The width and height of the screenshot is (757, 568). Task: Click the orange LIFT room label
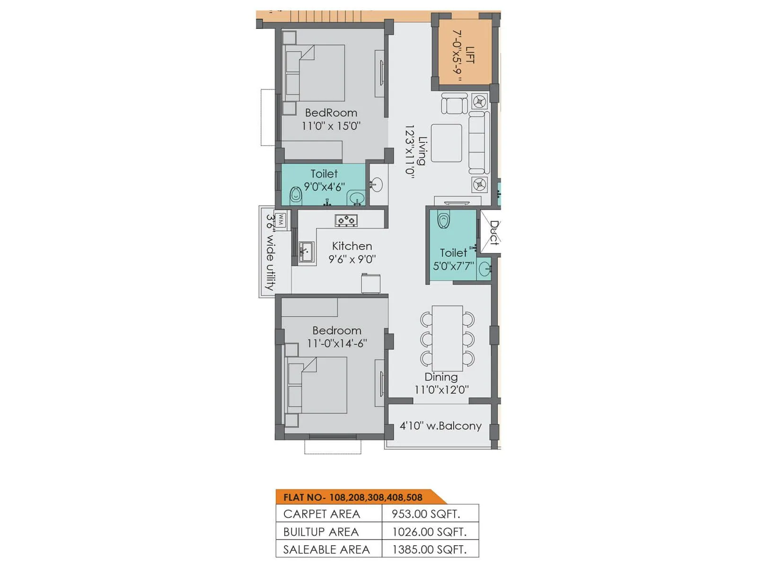pos(470,55)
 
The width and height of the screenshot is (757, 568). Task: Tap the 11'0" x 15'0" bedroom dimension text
pos(331,126)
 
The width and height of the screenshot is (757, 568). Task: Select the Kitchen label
pos(352,246)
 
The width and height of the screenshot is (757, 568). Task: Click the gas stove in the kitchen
pos(346,220)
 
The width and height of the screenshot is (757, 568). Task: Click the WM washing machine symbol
pos(281,220)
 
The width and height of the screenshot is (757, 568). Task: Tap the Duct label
pos(494,233)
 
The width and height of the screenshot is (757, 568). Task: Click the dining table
pos(447,338)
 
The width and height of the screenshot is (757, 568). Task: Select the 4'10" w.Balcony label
pos(440,426)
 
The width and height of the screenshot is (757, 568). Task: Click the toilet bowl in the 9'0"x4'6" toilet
pos(296,195)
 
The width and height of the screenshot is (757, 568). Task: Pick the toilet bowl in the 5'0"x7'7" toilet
pos(443,221)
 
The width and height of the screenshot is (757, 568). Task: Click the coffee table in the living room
pos(446,143)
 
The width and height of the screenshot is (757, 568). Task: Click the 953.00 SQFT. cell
pos(425,514)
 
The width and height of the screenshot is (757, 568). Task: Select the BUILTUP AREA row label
pos(321,532)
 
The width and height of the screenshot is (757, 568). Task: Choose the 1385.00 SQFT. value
pos(429,550)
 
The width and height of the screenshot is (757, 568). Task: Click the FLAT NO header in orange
pos(352,497)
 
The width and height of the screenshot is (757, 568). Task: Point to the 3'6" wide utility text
pos(270,252)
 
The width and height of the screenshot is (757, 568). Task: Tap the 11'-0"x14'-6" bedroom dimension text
pos(337,343)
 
